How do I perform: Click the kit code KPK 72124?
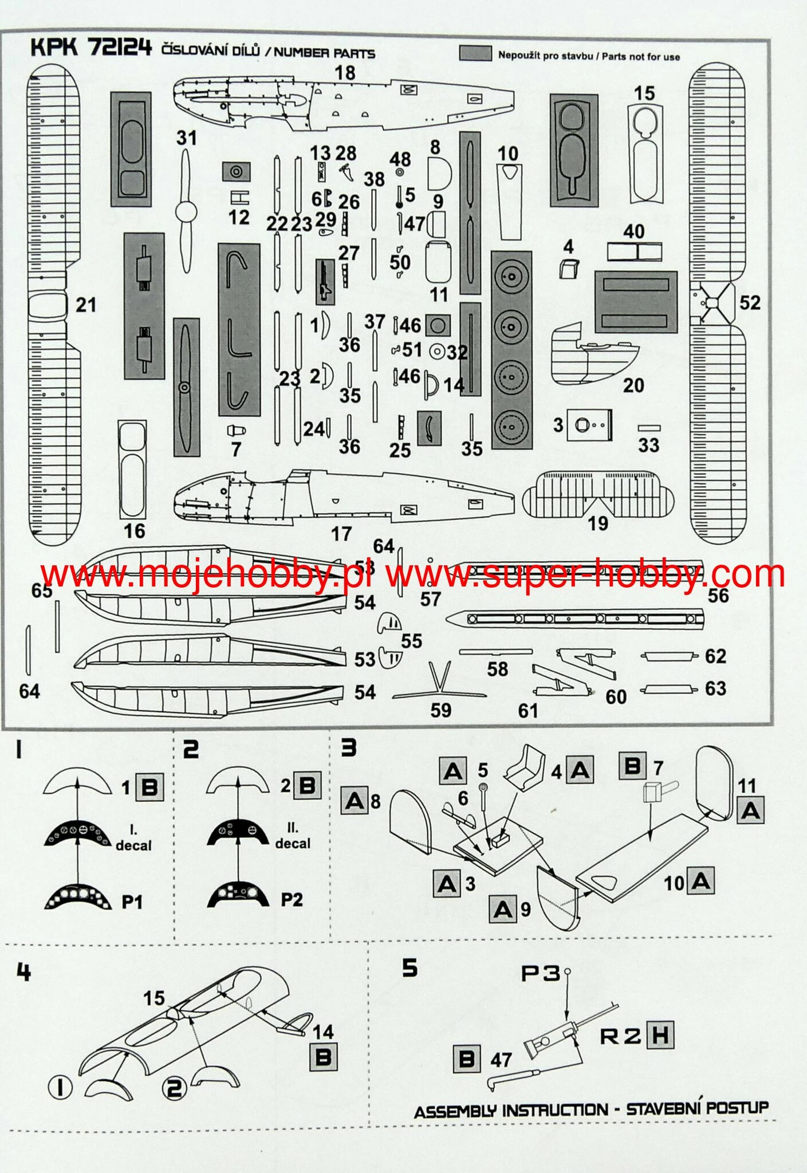pos(90,48)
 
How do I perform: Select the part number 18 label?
pos(345,73)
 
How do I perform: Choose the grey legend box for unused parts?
pos(475,53)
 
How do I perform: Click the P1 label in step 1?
pos(132,902)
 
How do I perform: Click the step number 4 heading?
pos(23,972)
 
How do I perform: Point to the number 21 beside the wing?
pos(86,305)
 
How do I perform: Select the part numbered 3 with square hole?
pos(589,425)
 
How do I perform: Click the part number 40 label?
pos(633,231)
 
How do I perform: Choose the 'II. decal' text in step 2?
pos(293,836)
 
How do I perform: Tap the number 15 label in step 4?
pos(153,998)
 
